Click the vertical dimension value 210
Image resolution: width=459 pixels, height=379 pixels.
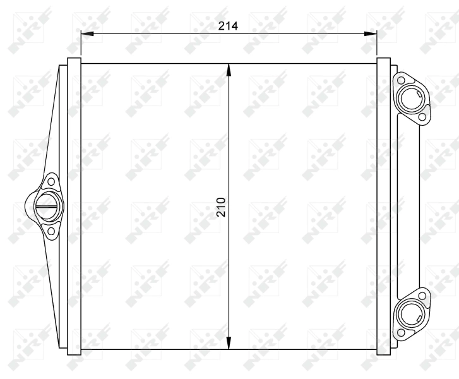pos(220,206)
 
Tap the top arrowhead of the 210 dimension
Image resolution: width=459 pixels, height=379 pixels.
pos(229,68)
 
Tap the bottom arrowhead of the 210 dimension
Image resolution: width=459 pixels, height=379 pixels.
pos(229,344)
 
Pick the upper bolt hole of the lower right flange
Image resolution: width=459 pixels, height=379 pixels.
pos(420,293)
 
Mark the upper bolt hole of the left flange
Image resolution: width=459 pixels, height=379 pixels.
pos(51,181)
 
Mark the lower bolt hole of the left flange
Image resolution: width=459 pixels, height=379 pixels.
pos(51,231)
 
